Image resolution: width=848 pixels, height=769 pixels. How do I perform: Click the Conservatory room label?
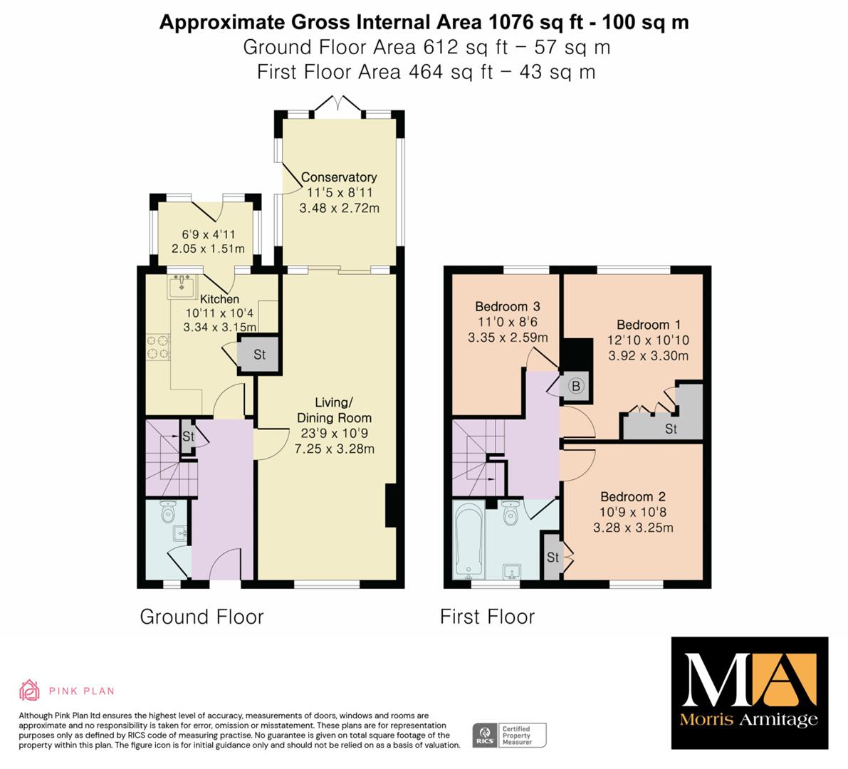point(338,177)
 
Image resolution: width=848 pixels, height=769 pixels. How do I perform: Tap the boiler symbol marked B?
point(576,386)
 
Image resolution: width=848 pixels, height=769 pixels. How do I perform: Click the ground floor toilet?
point(168,511)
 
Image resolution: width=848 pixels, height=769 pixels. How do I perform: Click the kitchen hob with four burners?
point(158,347)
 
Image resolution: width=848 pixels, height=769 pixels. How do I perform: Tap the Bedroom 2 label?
point(633,496)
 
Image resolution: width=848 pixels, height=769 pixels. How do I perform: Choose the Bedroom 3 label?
point(507,306)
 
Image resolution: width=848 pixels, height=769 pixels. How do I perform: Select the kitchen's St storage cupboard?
point(259,354)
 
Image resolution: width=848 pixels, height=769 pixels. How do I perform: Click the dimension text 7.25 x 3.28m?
point(334,449)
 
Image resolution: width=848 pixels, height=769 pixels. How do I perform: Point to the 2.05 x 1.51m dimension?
point(208,249)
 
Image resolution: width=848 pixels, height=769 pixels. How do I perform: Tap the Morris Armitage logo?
point(750,693)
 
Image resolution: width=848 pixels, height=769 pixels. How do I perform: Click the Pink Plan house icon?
point(30,690)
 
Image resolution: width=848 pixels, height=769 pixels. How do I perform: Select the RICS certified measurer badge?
point(510,736)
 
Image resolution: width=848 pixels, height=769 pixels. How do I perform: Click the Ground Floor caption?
point(201,617)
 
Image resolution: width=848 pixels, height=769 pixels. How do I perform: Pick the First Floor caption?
point(487,617)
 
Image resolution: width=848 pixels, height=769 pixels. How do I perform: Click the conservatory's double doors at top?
point(338,105)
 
